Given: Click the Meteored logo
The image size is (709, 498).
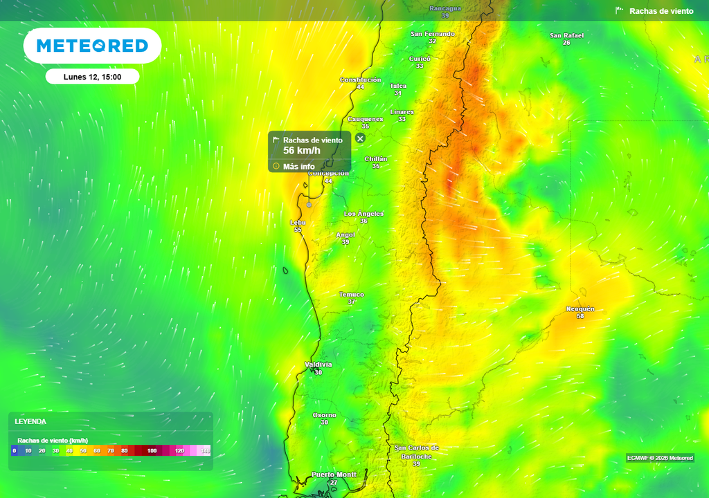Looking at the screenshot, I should [x=92, y=46].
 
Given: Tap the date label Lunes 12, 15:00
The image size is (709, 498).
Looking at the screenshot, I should [x=92, y=77].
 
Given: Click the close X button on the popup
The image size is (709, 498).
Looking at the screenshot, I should [x=360, y=138].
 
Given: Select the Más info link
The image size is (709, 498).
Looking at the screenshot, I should [x=298, y=167].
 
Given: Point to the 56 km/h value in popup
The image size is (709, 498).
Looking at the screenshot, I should [x=302, y=151].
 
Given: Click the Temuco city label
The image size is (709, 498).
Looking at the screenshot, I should [x=352, y=295].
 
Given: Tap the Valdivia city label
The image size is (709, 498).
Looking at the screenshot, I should [x=318, y=365].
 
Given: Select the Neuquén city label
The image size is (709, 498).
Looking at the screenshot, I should [x=580, y=308].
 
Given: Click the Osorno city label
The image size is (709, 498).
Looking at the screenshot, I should [x=324, y=415].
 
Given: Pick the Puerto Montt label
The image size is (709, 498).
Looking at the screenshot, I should [x=334, y=474].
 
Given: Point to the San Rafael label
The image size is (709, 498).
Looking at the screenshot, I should [x=566, y=35].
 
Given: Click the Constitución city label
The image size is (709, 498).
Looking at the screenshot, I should [x=360, y=80].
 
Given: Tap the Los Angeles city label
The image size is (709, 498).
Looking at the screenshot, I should [x=364, y=214].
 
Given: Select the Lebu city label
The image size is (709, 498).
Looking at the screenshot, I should [x=298, y=223].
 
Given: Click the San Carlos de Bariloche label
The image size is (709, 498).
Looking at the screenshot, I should [x=416, y=452].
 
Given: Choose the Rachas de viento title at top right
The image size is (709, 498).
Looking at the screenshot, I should [x=661, y=11].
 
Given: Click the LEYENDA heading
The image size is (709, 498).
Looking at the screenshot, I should [x=30, y=421].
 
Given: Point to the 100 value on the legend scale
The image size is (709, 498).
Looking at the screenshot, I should [x=152, y=451].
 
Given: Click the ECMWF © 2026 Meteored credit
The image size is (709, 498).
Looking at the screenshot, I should [x=660, y=458].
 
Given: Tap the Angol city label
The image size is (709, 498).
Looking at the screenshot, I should [x=345, y=234].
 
